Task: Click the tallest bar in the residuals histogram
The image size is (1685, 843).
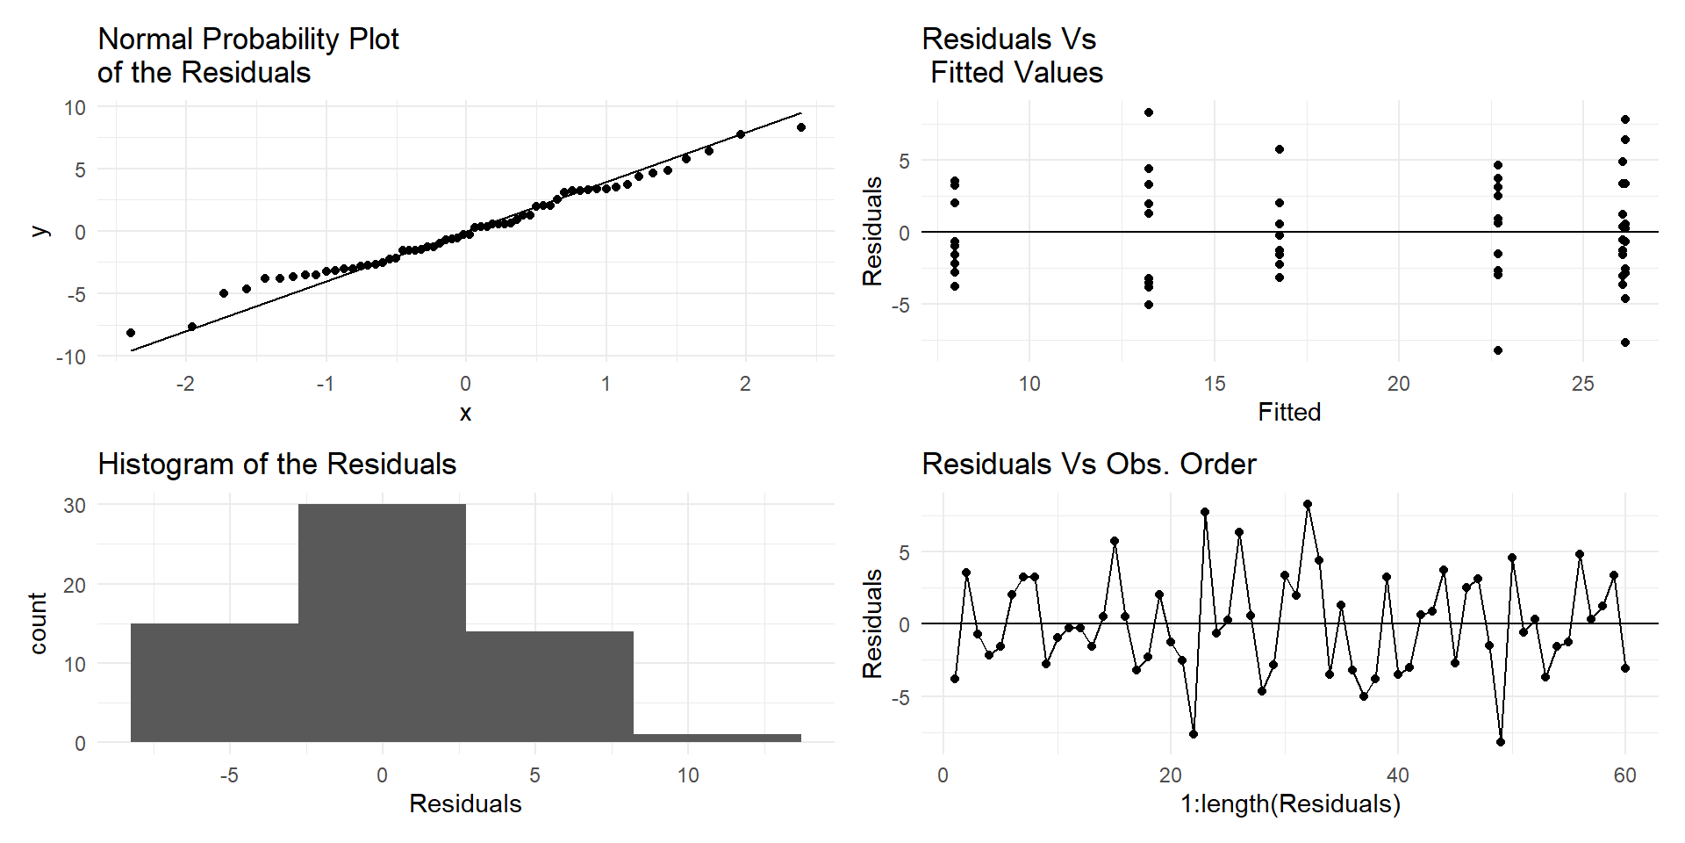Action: click(x=382, y=623)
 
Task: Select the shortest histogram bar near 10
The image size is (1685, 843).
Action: click(x=717, y=738)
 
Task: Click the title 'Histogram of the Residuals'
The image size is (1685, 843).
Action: click(x=276, y=464)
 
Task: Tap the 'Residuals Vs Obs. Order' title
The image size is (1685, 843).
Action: click(x=1088, y=464)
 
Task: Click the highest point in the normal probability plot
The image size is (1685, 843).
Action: click(x=801, y=127)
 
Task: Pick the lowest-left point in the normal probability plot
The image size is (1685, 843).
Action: click(x=131, y=333)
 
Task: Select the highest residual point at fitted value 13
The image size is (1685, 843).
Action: click(x=1149, y=112)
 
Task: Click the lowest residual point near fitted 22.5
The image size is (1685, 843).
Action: click(x=1498, y=350)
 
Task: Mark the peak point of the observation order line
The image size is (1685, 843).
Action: click(x=1308, y=504)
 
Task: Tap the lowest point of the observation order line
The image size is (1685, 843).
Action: click(x=1501, y=742)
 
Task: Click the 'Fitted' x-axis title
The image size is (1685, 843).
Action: click(x=1289, y=412)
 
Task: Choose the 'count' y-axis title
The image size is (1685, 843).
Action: click(x=38, y=623)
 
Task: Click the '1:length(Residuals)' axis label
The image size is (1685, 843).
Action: click(x=1290, y=803)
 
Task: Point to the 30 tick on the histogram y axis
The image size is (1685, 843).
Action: click(x=75, y=505)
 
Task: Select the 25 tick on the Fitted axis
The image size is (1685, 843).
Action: click(x=1583, y=384)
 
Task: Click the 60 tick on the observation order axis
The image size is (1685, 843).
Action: click(x=1625, y=775)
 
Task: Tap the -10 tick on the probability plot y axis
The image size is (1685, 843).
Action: click(x=71, y=357)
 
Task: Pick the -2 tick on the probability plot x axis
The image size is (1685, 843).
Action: click(x=185, y=384)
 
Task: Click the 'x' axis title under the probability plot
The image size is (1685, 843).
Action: click(x=465, y=413)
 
